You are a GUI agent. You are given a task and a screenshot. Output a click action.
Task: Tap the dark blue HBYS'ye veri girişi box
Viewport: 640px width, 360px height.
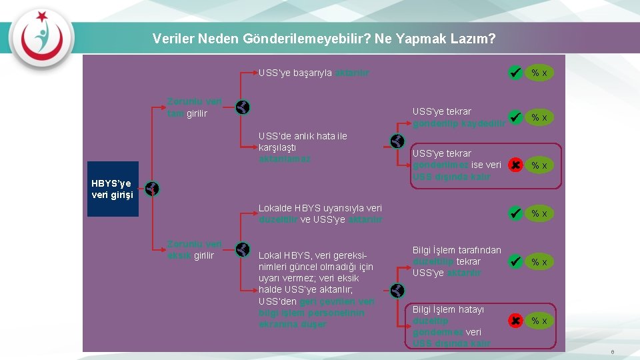pyautogui.click(x=113, y=189)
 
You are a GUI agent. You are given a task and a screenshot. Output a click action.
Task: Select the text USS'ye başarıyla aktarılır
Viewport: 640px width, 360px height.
pyautogui.click(x=314, y=73)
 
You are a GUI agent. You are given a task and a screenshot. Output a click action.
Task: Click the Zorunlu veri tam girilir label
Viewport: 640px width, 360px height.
pyautogui.click(x=194, y=108)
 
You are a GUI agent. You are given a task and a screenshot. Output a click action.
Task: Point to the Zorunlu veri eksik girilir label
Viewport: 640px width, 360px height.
pyautogui.click(x=194, y=249)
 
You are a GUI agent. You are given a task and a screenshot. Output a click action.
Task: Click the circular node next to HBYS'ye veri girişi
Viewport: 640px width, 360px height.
pyautogui.click(x=152, y=189)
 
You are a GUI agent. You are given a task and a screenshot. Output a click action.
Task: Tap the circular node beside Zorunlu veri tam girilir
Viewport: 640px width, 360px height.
pyautogui.click(x=243, y=107)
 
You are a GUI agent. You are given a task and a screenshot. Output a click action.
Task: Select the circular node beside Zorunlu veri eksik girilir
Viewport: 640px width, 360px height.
pyautogui.click(x=243, y=250)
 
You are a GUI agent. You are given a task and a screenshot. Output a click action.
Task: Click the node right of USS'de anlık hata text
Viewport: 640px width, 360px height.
pyautogui.click(x=397, y=141)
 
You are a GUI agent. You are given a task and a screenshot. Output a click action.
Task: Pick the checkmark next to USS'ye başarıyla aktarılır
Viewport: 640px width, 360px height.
pyautogui.click(x=515, y=72)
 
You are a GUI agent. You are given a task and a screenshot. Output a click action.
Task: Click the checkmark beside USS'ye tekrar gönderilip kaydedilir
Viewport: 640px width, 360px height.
pyautogui.click(x=515, y=117)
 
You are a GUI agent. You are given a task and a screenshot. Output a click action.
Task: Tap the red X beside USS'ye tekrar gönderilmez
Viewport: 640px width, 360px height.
pyautogui.click(x=515, y=164)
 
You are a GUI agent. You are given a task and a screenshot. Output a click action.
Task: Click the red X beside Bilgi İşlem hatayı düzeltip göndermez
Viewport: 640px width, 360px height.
pyautogui.click(x=515, y=321)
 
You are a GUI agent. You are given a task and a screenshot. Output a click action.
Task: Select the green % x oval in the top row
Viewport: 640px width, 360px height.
pyautogui.click(x=540, y=73)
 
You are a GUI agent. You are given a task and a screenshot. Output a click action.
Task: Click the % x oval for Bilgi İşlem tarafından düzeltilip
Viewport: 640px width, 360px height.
pyautogui.click(x=540, y=262)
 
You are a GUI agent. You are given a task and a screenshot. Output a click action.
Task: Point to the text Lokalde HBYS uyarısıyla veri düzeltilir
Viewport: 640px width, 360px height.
pyautogui.click(x=320, y=213)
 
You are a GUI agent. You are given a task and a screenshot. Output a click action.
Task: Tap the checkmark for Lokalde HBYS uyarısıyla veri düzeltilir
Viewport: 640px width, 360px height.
pyautogui.click(x=515, y=213)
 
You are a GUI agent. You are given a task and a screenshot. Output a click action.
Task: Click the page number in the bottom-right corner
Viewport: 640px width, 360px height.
pyautogui.click(x=612, y=351)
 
